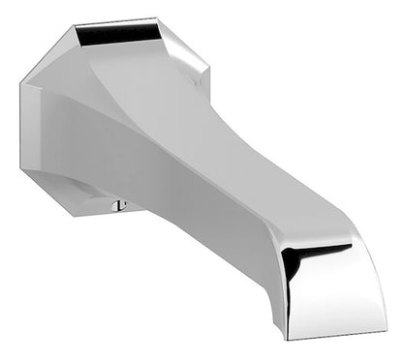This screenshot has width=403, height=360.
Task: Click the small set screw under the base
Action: point(120,204)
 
